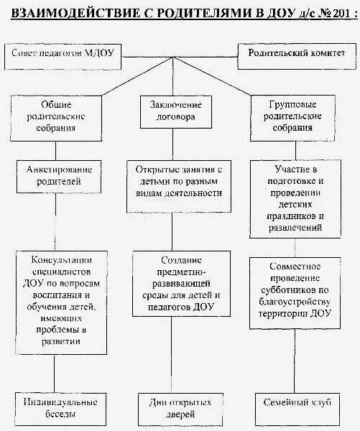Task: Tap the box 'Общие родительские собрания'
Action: (x=55, y=116)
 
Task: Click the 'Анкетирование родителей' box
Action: (x=55, y=176)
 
